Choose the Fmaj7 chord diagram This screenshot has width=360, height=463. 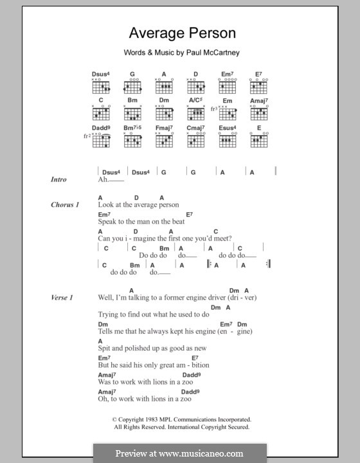[x=164, y=141]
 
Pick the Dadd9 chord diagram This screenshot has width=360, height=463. [x=101, y=141]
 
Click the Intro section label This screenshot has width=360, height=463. [x=59, y=179]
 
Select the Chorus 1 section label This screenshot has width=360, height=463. [x=65, y=204]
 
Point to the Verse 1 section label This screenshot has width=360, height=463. [x=62, y=297]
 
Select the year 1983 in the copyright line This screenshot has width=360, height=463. [x=155, y=419]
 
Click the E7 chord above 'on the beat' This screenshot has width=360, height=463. [x=190, y=214]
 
